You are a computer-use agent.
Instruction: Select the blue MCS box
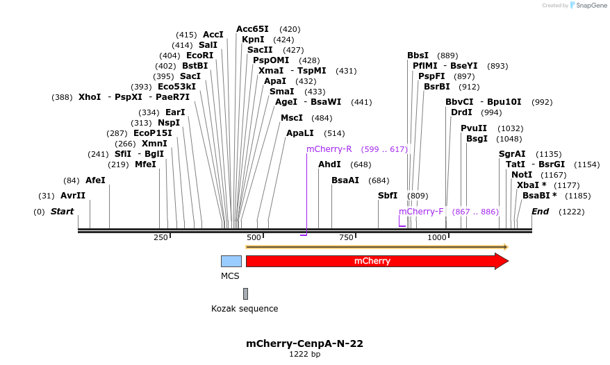pos(231,261)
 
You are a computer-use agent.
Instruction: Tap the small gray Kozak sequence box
pos(245,294)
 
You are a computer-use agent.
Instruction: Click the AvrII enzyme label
pos(73,196)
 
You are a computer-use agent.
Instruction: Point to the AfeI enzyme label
pos(95,180)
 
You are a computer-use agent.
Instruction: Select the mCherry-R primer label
pos(329,149)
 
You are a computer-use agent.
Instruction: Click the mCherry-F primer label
pos(421,211)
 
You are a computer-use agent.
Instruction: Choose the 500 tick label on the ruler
pos(253,237)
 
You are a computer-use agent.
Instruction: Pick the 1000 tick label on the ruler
pos(437,237)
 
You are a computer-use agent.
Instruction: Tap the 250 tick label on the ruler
pos(160,237)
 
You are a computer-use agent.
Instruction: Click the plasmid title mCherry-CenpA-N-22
pos(304,343)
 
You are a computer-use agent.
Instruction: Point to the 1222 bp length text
pos(304,355)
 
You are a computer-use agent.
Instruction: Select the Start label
pos(62,211)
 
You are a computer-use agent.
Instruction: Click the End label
pos(541,211)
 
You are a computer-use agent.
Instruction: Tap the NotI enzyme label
pos(522,175)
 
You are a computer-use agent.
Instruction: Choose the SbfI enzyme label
pos(388,196)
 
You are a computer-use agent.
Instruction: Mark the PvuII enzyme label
pos(474,128)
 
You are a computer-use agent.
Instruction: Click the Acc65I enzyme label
pos(252,29)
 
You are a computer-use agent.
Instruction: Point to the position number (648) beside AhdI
pos(361,164)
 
